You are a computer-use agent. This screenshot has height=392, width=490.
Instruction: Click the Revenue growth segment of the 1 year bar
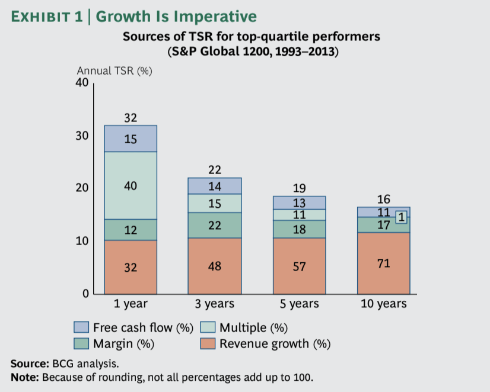click(x=131, y=267)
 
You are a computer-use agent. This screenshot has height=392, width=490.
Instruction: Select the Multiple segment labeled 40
click(x=131, y=185)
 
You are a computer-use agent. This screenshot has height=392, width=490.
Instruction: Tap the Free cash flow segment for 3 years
click(x=215, y=186)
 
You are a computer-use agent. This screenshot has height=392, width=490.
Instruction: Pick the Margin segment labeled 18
click(x=300, y=229)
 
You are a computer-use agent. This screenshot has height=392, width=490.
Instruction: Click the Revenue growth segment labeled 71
click(x=384, y=263)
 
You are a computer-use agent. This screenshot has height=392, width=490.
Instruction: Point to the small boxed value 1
click(x=402, y=217)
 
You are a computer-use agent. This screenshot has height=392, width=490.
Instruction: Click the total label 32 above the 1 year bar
click(x=131, y=118)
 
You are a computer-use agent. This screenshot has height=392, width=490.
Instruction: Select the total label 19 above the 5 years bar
click(x=300, y=188)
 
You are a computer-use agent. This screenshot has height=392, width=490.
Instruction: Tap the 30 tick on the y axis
click(x=82, y=136)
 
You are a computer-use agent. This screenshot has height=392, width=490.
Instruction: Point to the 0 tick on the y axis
click(x=85, y=294)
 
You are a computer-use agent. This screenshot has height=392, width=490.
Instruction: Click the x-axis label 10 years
click(x=384, y=303)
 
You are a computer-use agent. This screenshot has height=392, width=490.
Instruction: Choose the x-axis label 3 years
click(x=215, y=303)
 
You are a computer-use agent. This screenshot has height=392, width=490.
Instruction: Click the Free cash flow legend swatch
click(x=81, y=327)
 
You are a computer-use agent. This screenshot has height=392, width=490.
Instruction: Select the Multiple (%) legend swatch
click(x=208, y=327)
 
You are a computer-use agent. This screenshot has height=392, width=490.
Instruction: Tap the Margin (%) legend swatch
click(x=81, y=343)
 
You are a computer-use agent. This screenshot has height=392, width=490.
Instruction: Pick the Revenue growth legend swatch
click(x=208, y=343)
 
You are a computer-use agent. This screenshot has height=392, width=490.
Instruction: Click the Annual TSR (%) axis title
click(x=114, y=71)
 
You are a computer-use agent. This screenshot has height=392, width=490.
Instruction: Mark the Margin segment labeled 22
click(x=215, y=225)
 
